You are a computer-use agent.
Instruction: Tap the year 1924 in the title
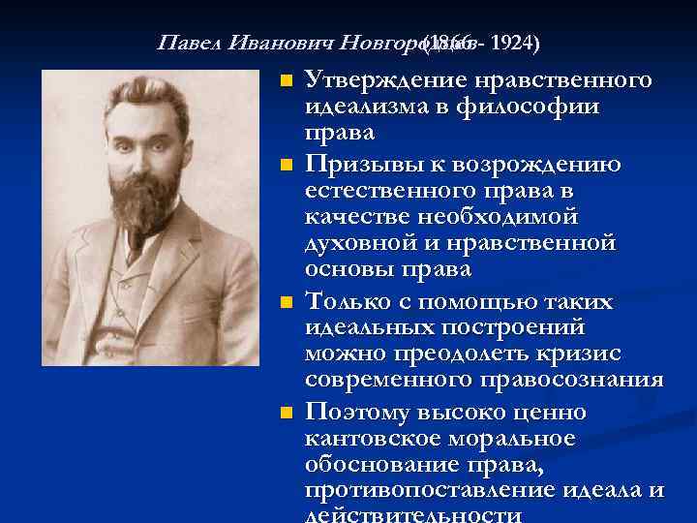click(514, 45)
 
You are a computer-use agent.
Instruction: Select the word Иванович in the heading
click(284, 45)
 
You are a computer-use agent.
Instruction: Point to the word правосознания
click(567, 379)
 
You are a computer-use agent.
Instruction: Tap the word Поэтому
click(357, 413)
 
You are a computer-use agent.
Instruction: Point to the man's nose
click(145, 145)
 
